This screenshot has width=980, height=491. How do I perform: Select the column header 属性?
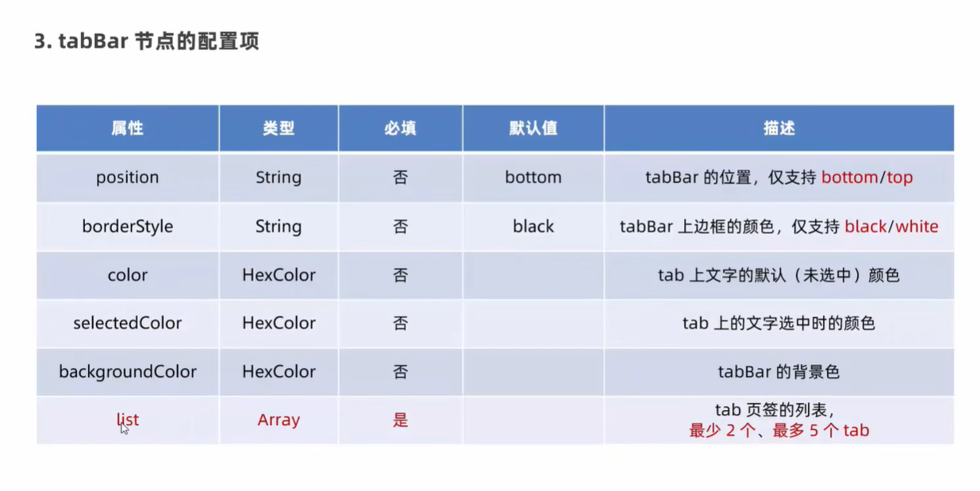pos(127,129)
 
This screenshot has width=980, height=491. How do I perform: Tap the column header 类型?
pos(279,129)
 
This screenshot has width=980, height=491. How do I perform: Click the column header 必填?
pos(400,129)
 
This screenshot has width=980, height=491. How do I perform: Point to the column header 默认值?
pos(533,129)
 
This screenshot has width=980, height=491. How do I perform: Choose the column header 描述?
pos(779,129)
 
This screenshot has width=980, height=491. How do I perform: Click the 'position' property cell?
pos(127,178)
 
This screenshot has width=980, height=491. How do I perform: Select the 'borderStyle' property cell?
pos(127,227)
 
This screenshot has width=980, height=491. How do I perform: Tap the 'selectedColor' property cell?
pos(127,323)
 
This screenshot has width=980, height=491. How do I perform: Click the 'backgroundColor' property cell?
pos(127,372)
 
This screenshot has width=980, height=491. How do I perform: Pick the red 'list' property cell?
pos(127,420)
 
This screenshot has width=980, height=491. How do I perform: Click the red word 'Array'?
pos(279,420)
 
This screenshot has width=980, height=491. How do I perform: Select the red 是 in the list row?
pos(400,420)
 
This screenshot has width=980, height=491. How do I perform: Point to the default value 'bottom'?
pos(533,177)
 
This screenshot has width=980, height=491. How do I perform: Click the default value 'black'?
pos(533,227)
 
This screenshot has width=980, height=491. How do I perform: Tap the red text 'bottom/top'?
pos(867,178)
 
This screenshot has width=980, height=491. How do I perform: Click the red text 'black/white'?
pos(891,227)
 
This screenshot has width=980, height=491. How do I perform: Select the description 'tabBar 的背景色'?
pos(778,372)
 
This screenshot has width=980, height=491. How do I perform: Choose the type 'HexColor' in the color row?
pos(279,275)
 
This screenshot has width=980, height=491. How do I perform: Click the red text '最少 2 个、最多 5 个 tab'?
pos(779,431)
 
